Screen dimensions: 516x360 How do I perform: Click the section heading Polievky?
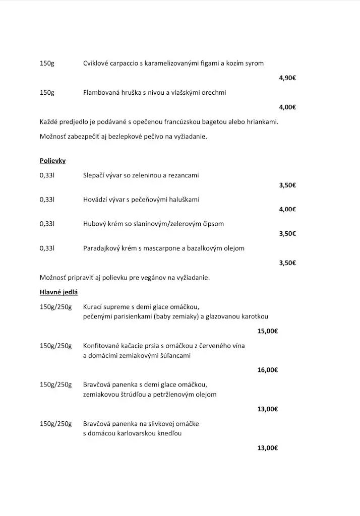52,161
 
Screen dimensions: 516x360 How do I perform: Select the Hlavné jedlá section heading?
58,292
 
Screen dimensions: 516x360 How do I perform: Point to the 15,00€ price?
268,331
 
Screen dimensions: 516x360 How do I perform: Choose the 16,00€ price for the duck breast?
268,370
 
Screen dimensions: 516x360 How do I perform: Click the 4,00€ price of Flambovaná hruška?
287,107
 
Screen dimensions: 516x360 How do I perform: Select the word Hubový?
94,224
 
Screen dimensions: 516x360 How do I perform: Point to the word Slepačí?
94,175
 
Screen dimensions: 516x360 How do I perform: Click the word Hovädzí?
96,200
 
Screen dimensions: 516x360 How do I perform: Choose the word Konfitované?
102,346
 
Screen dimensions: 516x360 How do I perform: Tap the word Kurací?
93,307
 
